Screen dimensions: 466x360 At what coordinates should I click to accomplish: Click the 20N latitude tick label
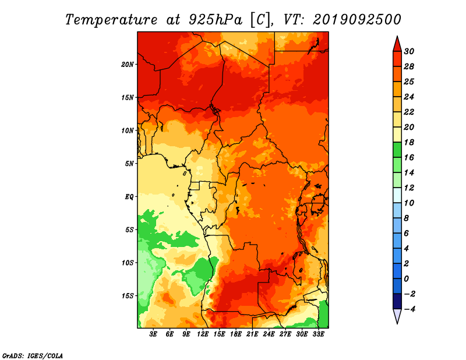click(128, 65)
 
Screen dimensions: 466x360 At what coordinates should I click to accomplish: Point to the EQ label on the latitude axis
click(129, 197)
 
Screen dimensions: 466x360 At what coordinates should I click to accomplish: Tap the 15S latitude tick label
click(128, 296)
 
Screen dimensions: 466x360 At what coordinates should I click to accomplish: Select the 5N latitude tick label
click(129, 164)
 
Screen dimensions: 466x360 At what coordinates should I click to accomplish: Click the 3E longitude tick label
click(153, 334)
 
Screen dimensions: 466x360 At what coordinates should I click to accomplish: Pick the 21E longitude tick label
click(252, 334)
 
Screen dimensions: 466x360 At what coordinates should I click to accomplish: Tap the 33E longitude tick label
click(318, 334)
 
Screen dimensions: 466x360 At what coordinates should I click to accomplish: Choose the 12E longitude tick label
click(202, 334)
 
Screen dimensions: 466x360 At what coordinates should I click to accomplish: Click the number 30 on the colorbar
click(409, 51)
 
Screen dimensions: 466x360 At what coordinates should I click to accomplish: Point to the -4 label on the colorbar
click(409, 309)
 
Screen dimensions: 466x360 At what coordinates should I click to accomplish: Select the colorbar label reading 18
click(409, 142)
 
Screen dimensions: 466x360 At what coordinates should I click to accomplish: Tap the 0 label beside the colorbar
click(406, 279)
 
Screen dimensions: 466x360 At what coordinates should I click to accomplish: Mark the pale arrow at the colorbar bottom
click(397, 316)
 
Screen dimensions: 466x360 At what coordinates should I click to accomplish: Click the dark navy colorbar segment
click(397, 301)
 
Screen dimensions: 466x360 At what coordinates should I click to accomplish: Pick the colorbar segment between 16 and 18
click(397, 150)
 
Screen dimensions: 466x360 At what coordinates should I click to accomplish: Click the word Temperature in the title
click(111, 20)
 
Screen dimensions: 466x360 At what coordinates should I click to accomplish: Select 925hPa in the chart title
click(215, 20)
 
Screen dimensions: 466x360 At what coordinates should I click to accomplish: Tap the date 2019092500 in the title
click(357, 20)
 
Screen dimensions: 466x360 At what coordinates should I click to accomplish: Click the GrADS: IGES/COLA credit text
click(33, 356)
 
